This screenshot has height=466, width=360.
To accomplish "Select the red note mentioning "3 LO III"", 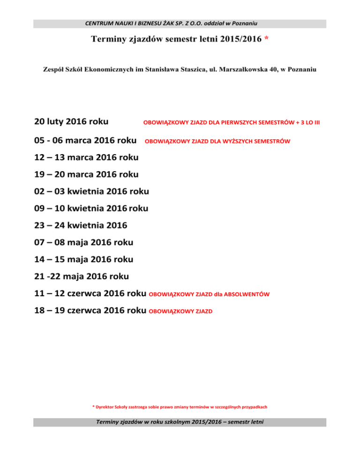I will click(x=232, y=123).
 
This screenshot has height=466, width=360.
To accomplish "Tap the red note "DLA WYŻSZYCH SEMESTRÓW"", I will click(x=217, y=141).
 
